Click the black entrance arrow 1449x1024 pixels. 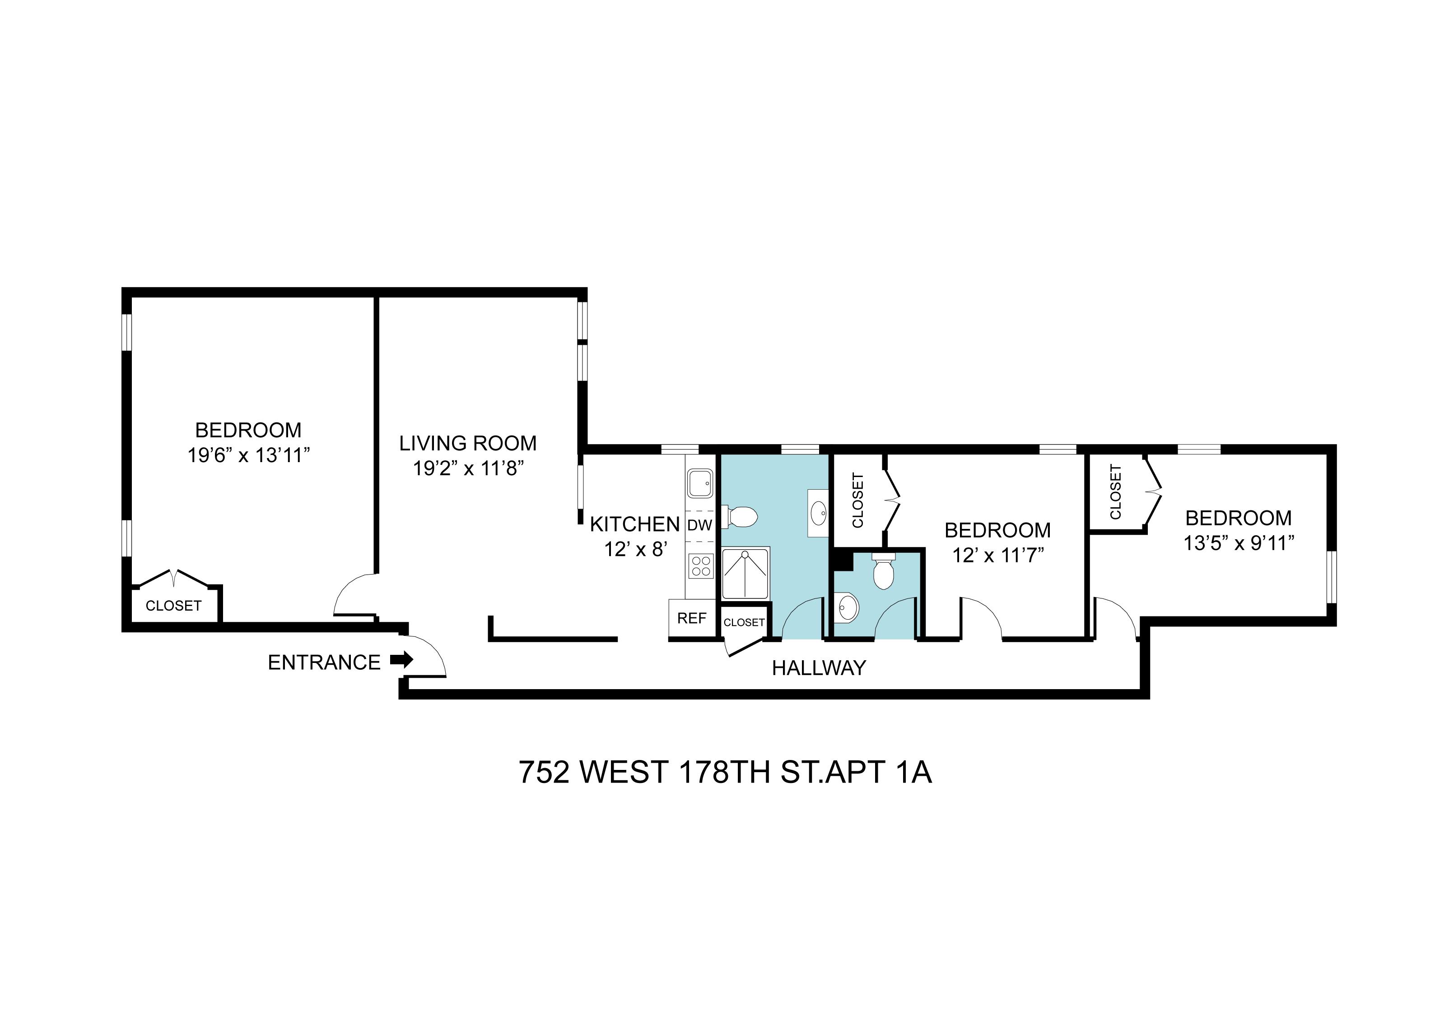pos(401,660)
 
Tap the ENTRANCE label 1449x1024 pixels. pos(324,663)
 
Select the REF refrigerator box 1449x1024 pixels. pos(692,618)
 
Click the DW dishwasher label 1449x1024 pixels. pos(699,525)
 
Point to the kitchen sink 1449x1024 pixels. pos(700,482)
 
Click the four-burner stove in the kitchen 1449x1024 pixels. pos(700,565)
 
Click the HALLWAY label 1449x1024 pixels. pos(819,667)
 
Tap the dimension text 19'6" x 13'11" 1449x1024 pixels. pos(249,455)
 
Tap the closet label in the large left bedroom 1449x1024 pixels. pos(173,606)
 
